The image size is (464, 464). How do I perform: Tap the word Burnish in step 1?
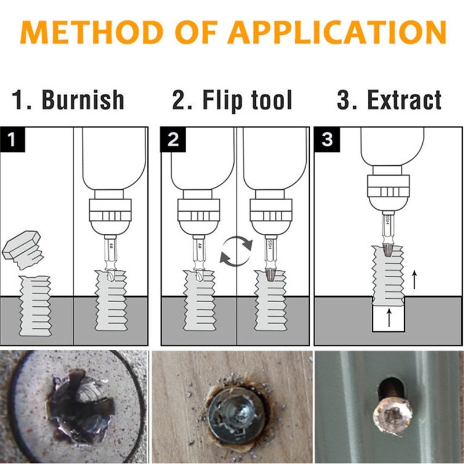84,100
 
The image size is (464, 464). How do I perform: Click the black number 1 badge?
11,139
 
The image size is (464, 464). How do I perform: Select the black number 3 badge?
327,139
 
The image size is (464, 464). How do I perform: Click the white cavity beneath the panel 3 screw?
389,318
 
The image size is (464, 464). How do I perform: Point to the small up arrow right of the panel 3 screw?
414,280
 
